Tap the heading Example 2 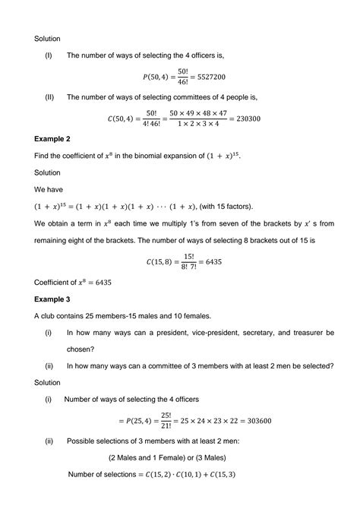coord(55,139)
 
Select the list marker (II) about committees coord(49,97)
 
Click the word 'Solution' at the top coord(49,37)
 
